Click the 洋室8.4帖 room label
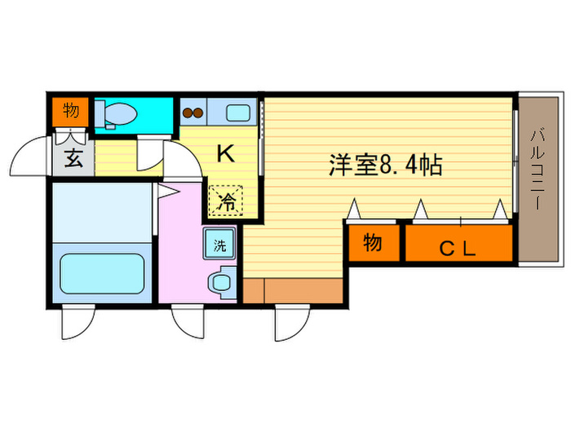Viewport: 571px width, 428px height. coord(385,166)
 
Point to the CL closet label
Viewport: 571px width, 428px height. coord(458,246)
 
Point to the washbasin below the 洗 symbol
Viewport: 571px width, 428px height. coord(220,282)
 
